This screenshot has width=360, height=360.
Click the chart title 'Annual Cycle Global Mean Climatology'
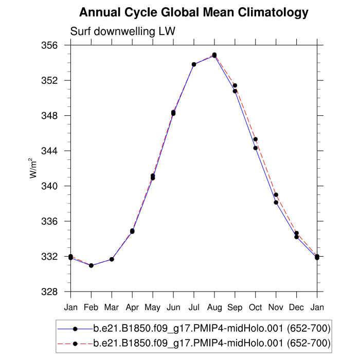194,12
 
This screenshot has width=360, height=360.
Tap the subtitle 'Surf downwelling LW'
122,31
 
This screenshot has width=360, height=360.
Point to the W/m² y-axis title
33,168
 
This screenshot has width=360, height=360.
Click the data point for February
91,265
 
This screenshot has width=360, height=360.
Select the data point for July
194,64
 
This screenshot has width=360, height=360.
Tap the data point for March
112,259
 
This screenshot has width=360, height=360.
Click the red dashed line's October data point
255,139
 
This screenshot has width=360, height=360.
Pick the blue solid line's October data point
255,148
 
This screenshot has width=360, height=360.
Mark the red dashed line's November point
276,195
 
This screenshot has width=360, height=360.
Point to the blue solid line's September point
235,91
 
